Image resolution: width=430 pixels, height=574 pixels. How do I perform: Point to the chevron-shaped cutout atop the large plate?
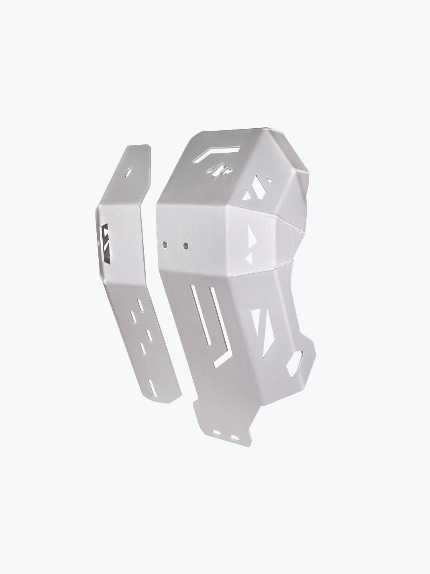click(217, 153)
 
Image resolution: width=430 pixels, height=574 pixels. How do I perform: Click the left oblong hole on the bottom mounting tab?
click(218, 432)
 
